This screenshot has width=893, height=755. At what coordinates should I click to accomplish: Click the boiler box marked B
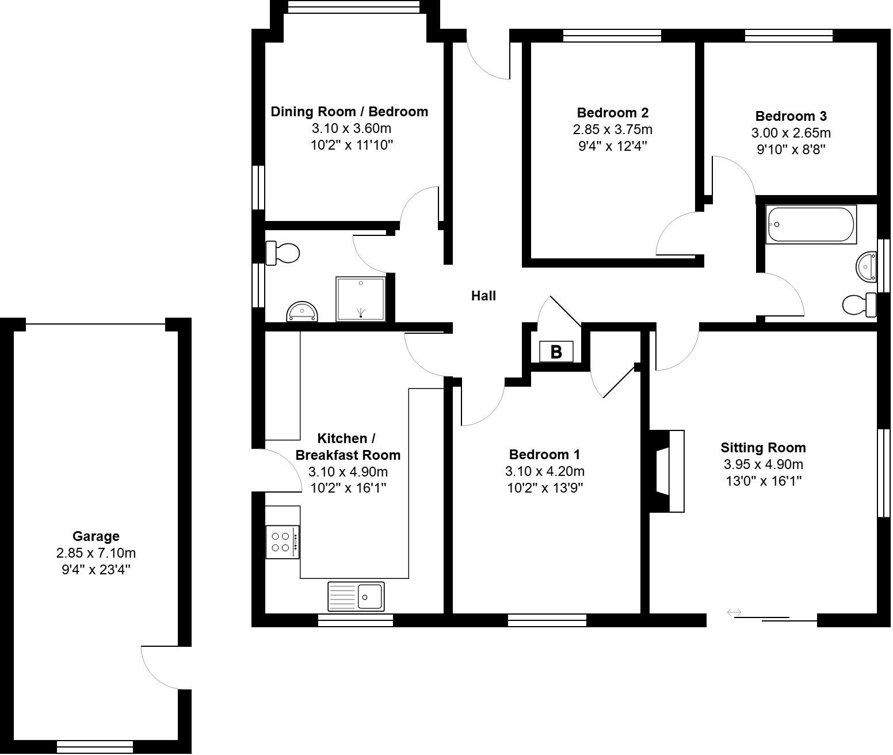click(556, 352)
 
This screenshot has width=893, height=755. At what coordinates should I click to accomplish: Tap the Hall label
click(483, 296)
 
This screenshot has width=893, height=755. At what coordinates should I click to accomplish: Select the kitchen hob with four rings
click(282, 542)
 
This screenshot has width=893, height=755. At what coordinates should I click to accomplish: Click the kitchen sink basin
click(370, 596)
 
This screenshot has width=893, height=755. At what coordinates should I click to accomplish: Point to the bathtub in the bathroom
click(811, 224)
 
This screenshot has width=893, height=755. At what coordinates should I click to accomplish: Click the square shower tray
click(361, 298)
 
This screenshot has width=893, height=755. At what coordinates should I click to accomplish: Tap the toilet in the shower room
click(283, 253)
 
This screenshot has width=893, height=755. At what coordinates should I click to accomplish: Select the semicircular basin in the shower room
click(302, 312)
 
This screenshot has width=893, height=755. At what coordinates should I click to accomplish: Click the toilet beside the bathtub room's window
click(860, 304)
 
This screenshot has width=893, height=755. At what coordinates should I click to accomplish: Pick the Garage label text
click(96, 536)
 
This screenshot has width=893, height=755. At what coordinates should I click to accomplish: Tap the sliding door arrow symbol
click(734, 612)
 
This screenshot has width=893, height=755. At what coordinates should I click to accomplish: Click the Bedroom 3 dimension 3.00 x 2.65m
click(791, 133)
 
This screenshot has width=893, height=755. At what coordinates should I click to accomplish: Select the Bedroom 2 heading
click(612, 112)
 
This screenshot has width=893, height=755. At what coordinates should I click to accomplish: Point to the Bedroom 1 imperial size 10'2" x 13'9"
click(544, 488)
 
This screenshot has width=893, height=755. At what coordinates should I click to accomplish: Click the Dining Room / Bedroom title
click(349, 112)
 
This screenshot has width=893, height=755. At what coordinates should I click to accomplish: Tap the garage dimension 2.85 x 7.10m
click(96, 553)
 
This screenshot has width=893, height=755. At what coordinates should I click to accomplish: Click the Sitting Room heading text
click(763, 448)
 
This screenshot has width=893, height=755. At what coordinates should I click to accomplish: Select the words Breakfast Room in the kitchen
click(348, 455)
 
